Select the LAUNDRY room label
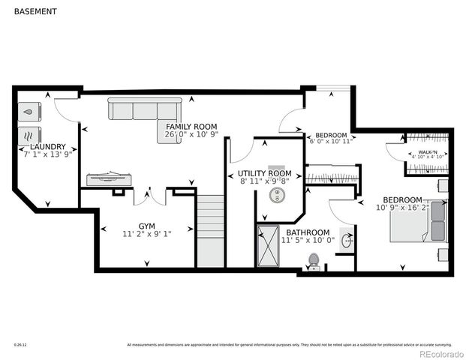(47, 147)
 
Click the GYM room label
(146, 226)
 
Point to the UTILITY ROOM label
(264, 173)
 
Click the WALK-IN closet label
(428, 151)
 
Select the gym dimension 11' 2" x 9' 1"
(146, 234)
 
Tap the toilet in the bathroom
(314, 261)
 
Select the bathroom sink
(347, 241)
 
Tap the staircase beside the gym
(211, 229)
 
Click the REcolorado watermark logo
(441, 353)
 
